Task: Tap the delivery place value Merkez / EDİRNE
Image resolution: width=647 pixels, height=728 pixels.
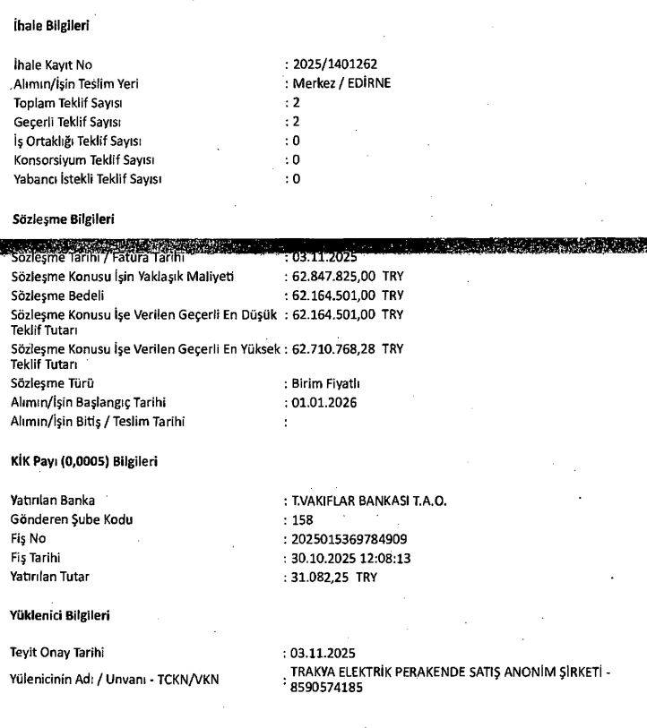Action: (341, 83)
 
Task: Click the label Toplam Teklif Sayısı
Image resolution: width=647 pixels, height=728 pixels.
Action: (68, 103)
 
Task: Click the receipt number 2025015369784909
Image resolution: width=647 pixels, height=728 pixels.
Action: (343, 539)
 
